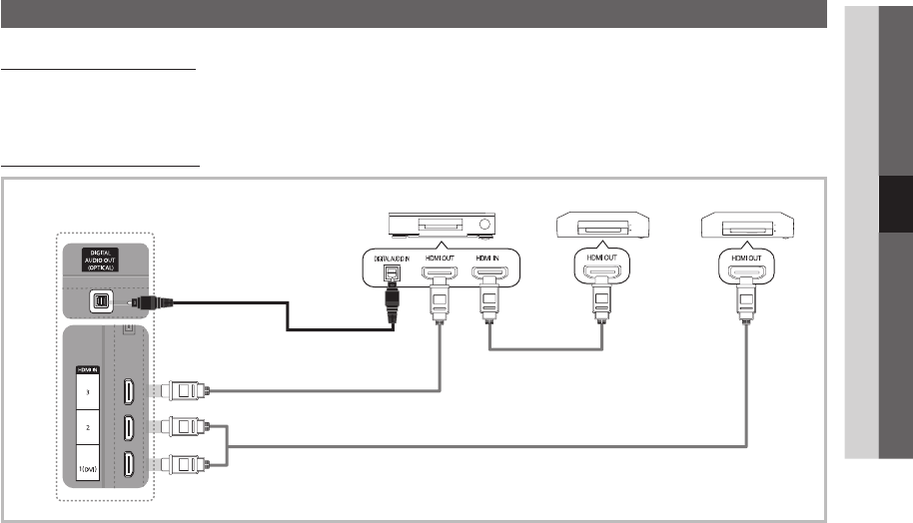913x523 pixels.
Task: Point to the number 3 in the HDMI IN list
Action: (x=89, y=392)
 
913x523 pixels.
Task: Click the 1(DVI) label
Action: (x=89, y=466)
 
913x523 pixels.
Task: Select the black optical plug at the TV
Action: (x=150, y=301)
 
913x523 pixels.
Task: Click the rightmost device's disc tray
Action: (x=749, y=229)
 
